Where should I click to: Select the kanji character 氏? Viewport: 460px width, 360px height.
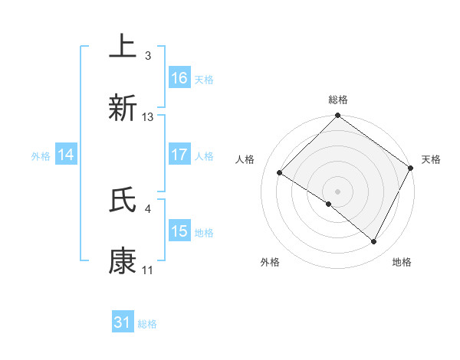tap(123, 200)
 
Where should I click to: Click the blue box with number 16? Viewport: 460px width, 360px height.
tap(179, 78)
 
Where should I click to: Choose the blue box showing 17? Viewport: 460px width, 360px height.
tap(179, 155)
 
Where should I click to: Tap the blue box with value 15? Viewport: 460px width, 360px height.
tap(179, 232)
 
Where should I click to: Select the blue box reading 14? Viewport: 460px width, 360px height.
tap(66, 155)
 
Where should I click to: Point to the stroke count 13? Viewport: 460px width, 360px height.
tap(148, 116)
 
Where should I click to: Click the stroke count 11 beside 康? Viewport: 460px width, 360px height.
tap(148, 270)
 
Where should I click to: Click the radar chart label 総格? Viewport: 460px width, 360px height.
tap(338, 100)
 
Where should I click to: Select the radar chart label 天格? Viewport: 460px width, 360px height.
tap(432, 159)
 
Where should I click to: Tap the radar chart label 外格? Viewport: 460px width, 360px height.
tap(270, 262)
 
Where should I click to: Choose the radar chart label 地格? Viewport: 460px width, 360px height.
tap(402, 262)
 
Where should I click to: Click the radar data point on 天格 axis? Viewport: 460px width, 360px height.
tap(411, 168)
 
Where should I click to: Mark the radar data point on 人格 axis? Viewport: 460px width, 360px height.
tap(280, 172)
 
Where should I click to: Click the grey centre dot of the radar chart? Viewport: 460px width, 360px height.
tap(338, 191)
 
